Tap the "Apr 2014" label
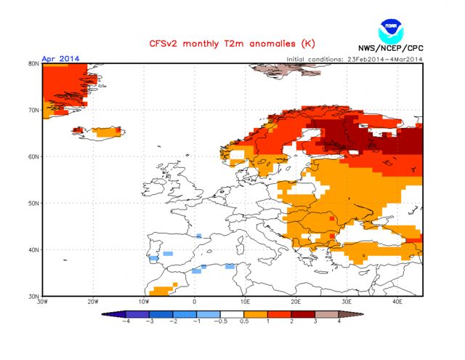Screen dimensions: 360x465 tap(61, 58)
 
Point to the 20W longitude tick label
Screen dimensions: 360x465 tap(93, 302)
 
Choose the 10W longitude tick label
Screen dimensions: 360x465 tap(144, 302)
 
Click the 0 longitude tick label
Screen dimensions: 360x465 tap(194, 302)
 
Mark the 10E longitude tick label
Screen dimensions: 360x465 tap(245, 302)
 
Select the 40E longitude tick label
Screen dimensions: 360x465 tap(397, 302)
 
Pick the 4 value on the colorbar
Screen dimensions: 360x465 tap(339, 321)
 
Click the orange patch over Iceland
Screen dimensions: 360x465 tap(107, 132)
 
